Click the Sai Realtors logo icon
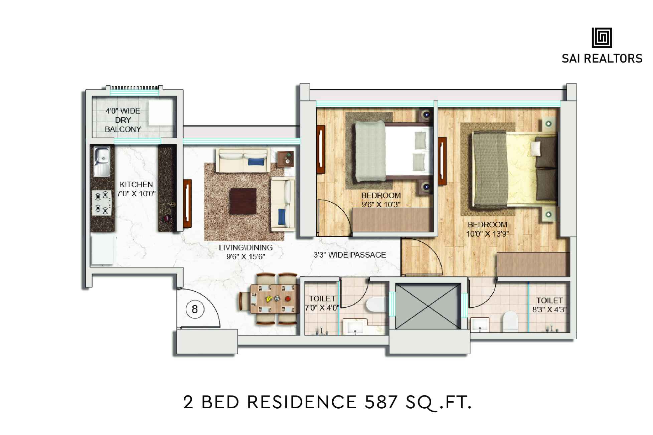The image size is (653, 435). coord(602,37)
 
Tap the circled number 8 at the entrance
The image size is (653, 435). coord(194,309)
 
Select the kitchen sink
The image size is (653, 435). coord(102,162)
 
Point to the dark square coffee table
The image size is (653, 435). coord(243,201)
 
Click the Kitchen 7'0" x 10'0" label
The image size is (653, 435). coord(136,189)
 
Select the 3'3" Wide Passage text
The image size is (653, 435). coord(350,255)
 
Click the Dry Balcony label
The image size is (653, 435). coord(123,120)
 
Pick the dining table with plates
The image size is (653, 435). coord(274,298)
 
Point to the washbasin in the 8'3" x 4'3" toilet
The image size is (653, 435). coord(480,325)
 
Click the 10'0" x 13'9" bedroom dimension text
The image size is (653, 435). coord(487,234)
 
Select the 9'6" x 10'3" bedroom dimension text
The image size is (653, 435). coord(381,204)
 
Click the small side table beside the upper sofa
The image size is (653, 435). coord(286,158)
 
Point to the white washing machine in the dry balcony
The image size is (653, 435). coord(160,114)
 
